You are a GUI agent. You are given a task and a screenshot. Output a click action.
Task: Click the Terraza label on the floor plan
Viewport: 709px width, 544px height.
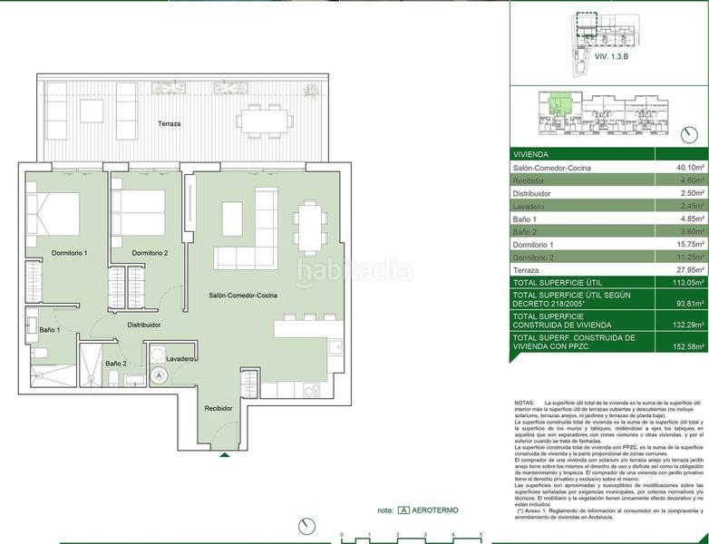point(170,123)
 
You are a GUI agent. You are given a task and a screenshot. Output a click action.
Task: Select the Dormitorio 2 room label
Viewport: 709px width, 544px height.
point(150,252)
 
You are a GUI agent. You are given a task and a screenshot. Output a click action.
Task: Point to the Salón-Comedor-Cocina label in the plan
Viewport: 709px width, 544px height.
point(242,296)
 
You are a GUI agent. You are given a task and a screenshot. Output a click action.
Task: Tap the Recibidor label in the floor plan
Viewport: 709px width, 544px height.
point(218,408)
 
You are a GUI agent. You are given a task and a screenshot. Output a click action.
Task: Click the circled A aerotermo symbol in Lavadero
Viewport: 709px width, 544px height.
point(160,374)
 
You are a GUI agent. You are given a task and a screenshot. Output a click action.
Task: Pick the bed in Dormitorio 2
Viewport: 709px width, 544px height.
point(138,214)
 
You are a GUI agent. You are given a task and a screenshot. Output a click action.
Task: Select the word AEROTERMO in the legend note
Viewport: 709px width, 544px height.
point(435,510)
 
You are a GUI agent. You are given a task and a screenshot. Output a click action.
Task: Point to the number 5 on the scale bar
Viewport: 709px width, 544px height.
point(481,536)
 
